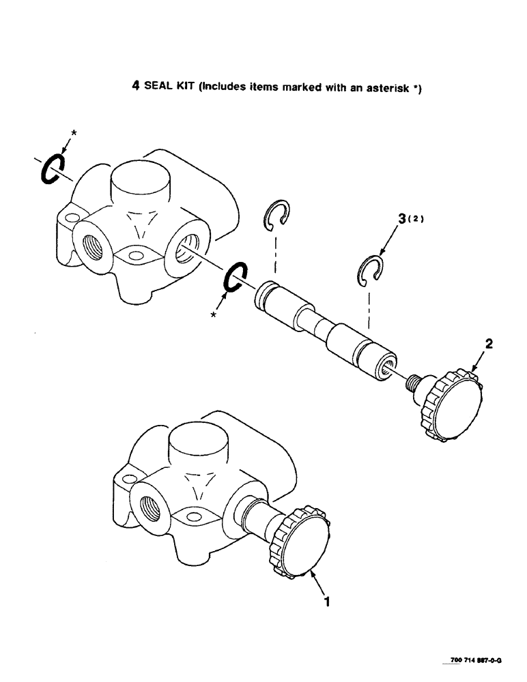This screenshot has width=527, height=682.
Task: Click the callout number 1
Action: click(x=328, y=602)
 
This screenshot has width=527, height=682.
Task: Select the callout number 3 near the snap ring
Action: click(x=401, y=220)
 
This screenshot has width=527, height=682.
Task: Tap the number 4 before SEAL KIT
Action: click(x=134, y=87)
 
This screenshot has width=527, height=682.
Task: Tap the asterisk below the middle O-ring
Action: click(x=214, y=316)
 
